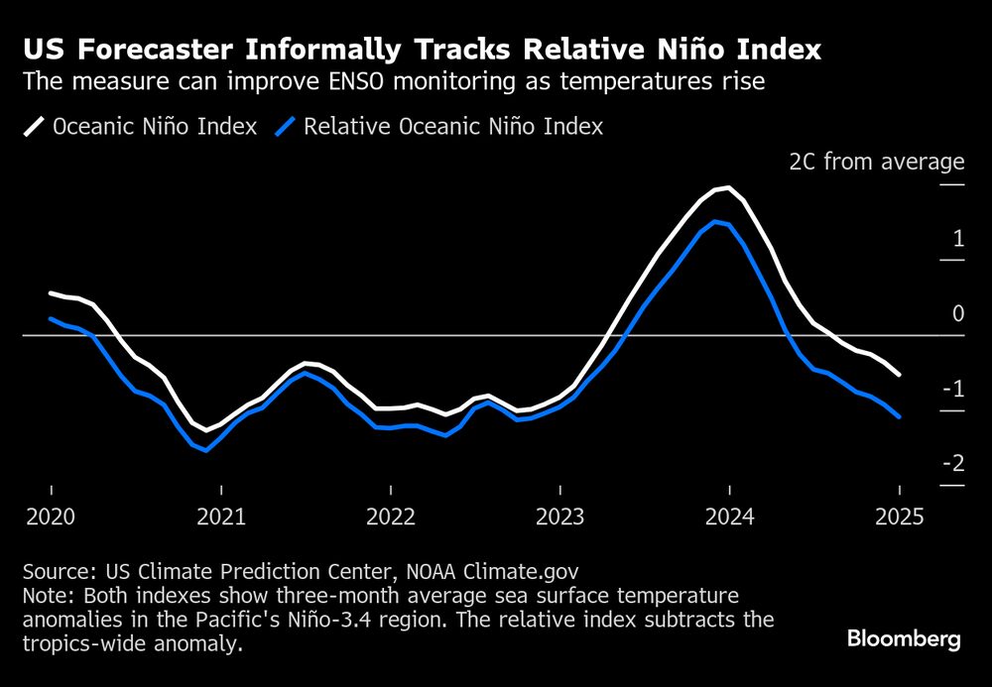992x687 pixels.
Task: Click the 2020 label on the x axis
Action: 51,516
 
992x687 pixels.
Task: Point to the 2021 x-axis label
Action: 221,516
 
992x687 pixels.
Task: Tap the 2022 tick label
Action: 391,516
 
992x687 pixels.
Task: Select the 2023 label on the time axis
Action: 560,516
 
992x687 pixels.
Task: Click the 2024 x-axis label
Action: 730,516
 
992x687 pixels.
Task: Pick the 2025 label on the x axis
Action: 900,516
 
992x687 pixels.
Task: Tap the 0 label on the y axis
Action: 958,313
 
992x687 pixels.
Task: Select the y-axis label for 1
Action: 958,238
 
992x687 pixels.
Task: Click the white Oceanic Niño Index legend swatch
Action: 35,127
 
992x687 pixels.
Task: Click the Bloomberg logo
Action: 904,639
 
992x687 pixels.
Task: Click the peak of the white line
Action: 729,187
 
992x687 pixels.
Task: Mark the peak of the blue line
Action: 715,221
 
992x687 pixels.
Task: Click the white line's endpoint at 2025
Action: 899,375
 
